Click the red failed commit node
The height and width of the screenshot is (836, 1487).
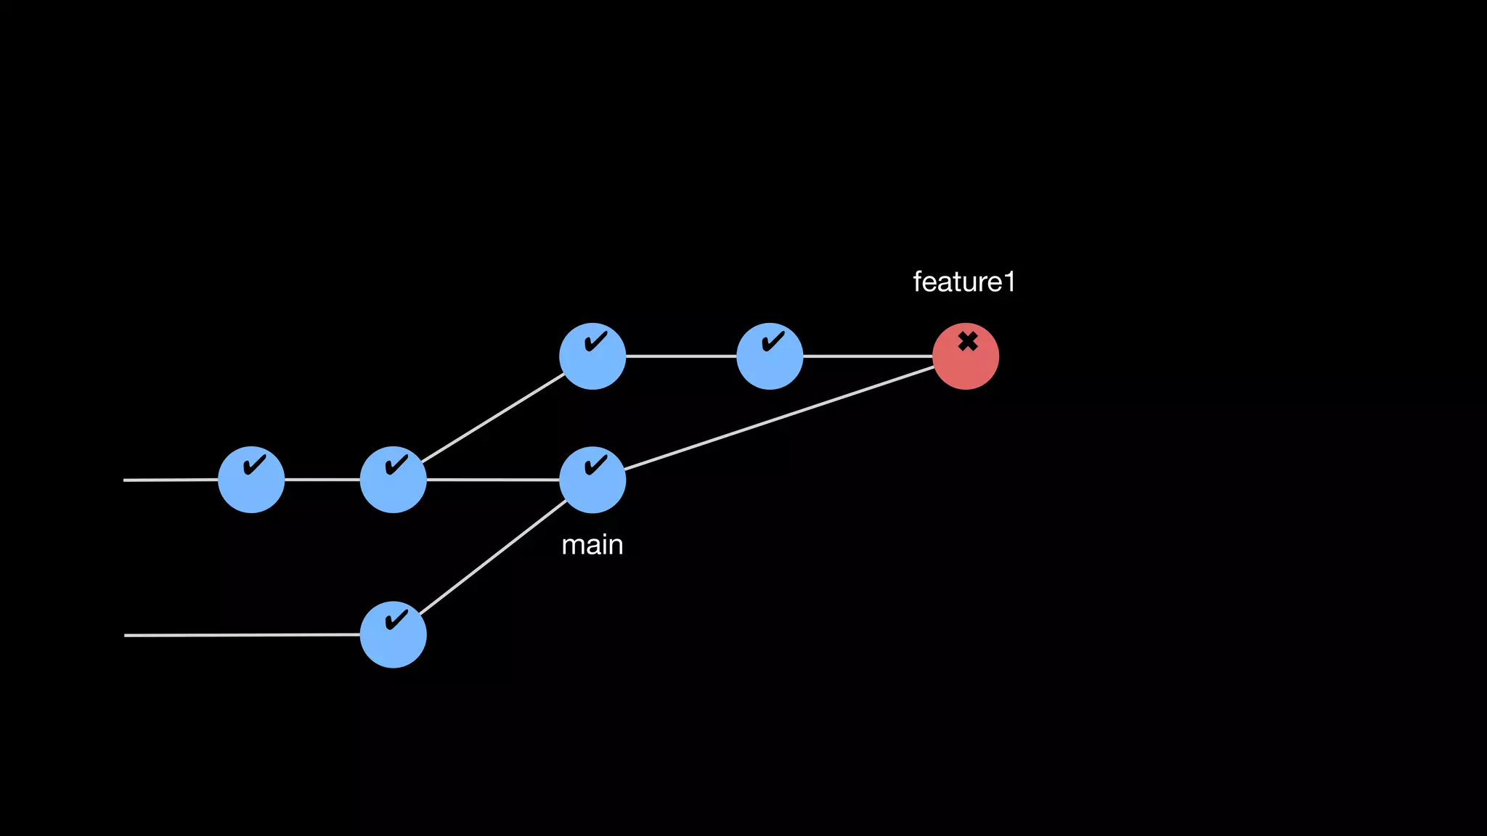pyautogui.click(x=965, y=356)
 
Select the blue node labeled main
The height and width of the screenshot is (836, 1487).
pyautogui.click(x=592, y=480)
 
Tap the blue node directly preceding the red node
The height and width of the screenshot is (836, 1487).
pyautogui.click(x=770, y=356)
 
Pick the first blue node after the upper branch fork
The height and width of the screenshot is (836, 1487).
pyautogui.click(x=592, y=356)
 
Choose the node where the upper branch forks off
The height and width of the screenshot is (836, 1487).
pyautogui.click(x=393, y=480)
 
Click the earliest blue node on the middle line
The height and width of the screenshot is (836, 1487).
pyautogui.click(x=251, y=480)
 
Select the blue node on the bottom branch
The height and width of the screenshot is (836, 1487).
pyautogui.click(x=393, y=635)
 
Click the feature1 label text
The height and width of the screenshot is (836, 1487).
pyautogui.click(x=964, y=282)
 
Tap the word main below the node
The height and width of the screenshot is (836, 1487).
pyautogui.click(x=592, y=545)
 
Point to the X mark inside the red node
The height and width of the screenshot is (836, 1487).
pyautogui.click(x=967, y=341)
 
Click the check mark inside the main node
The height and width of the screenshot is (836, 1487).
pyautogui.click(x=596, y=464)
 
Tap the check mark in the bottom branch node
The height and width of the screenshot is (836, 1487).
pyautogui.click(x=396, y=620)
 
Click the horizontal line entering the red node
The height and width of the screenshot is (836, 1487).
pyautogui.click(x=868, y=356)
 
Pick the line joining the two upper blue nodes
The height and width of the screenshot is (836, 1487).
pyautogui.click(x=681, y=356)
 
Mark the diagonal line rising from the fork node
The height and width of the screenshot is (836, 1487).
pyautogui.click(x=493, y=418)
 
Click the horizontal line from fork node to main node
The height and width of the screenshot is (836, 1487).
pyautogui.click(x=493, y=480)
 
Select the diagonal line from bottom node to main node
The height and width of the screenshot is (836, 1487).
pyautogui.click(x=493, y=557)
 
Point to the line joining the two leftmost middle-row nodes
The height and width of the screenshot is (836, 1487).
pyautogui.click(x=322, y=480)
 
